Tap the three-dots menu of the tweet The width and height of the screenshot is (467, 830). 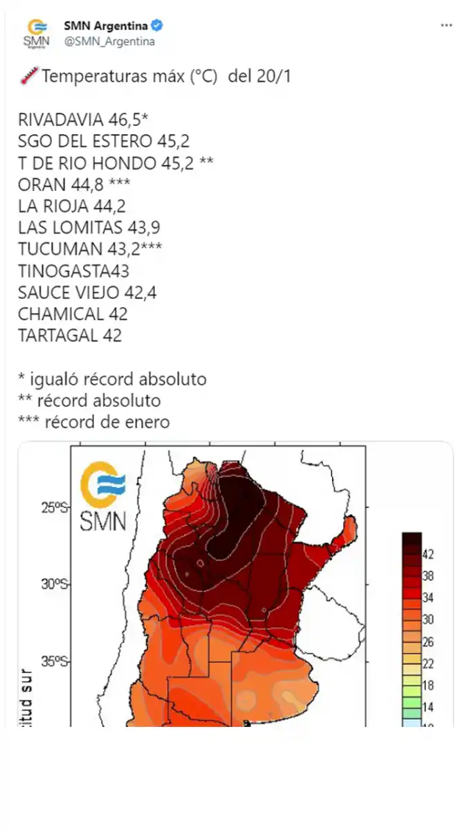tap(447, 26)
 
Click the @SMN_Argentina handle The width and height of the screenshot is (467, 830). tap(109, 41)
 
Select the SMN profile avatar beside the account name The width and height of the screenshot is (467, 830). tap(37, 33)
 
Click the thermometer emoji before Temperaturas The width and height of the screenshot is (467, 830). tap(27, 76)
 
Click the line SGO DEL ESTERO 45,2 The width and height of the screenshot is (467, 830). tap(104, 141)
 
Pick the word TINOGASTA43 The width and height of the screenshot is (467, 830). tap(73, 270)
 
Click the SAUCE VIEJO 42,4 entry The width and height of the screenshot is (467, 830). tap(87, 292)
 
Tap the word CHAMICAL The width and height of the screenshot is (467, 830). tap(61, 313)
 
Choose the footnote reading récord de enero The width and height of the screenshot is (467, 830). tap(107, 422)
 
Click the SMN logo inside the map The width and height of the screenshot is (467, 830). tap(104, 496)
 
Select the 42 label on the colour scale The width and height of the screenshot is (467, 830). tap(428, 555)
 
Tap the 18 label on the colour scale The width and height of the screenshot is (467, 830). tap(428, 686)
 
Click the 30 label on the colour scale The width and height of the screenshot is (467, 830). tap(428, 620)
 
